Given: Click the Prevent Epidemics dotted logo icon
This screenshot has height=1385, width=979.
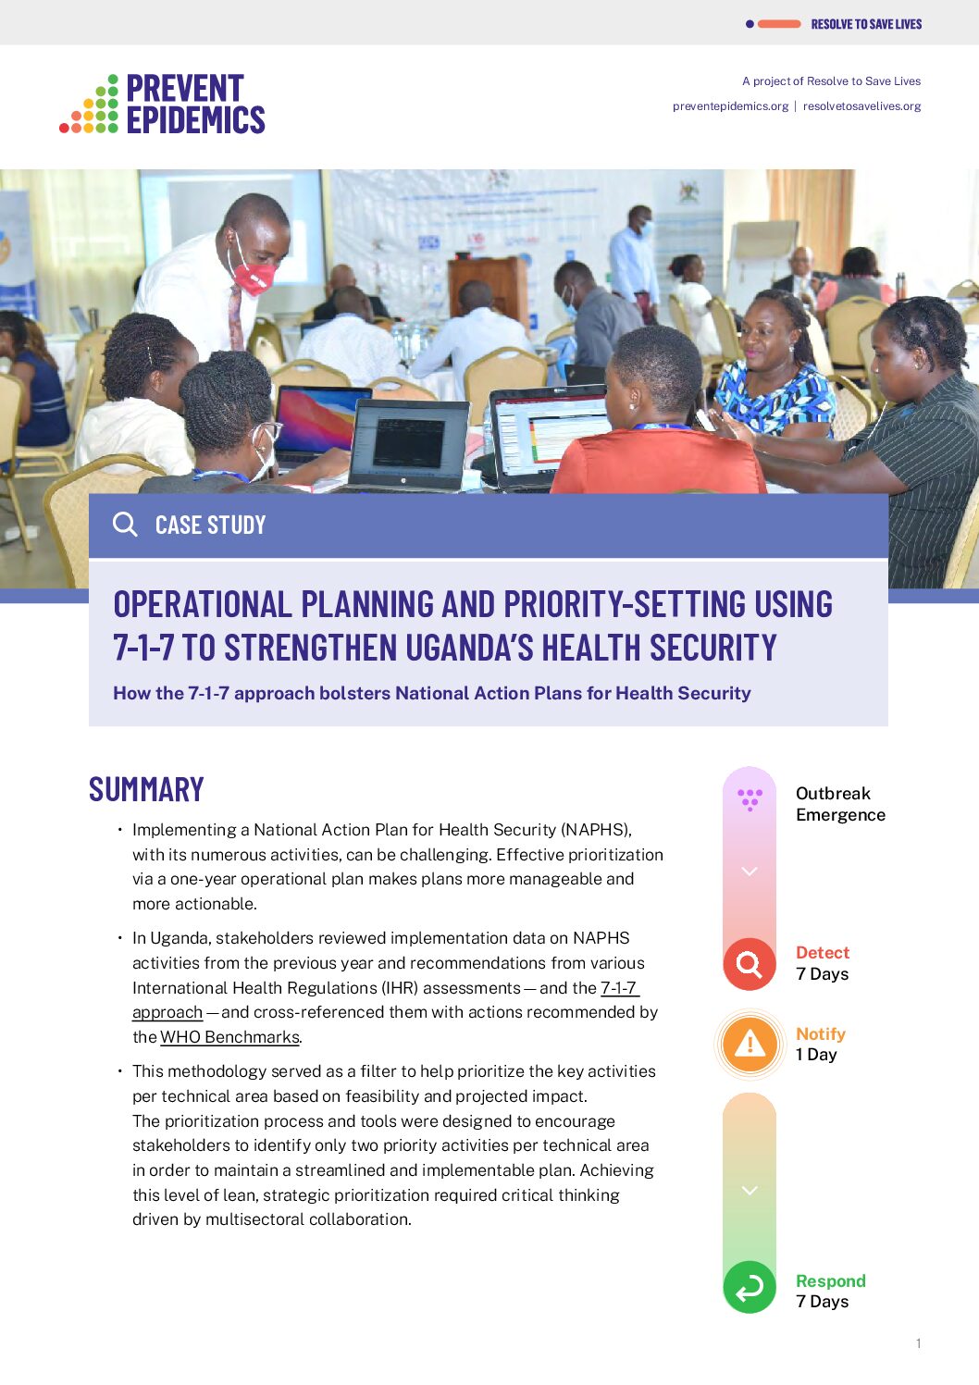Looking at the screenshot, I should pyautogui.click(x=90, y=105).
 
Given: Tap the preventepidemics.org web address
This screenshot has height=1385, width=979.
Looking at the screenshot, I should pyautogui.click(x=730, y=106).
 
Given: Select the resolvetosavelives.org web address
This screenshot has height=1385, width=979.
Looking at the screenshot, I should pyautogui.click(x=861, y=106).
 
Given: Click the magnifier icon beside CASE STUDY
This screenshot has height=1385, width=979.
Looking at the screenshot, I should pyautogui.click(x=125, y=525).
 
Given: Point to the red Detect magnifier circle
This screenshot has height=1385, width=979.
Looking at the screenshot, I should pyautogui.click(x=749, y=964).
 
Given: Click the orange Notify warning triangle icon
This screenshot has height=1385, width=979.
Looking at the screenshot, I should pyautogui.click(x=750, y=1044).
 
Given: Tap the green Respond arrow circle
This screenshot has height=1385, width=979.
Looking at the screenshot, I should pyautogui.click(x=749, y=1287).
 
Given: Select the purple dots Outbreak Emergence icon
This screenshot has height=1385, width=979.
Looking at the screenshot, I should pyautogui.click(x=750, y=798).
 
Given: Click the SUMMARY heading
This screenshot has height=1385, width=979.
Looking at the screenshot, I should pyautogui.click(x=146, y=789).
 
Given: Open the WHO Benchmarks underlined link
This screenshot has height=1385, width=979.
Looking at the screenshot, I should pyautogui.click(x=229, y=1037).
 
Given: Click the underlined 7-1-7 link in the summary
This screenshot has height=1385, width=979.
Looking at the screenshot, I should pyautogui.click(x=618, y=988).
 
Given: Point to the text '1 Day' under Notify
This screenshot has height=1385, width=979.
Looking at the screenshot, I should pyautogui.click(x=816, y=1055).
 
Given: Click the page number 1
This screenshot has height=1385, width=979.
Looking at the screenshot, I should pyautogui.click(x=918, y=1343).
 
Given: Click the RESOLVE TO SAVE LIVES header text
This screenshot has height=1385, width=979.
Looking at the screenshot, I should pyautogui.click(x=866, y=24).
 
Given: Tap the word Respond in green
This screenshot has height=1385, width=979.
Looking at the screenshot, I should pyautogui.click(x=830, y=1280).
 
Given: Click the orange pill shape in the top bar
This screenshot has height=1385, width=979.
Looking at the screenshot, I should pyautogui.click(x=779, y=24).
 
